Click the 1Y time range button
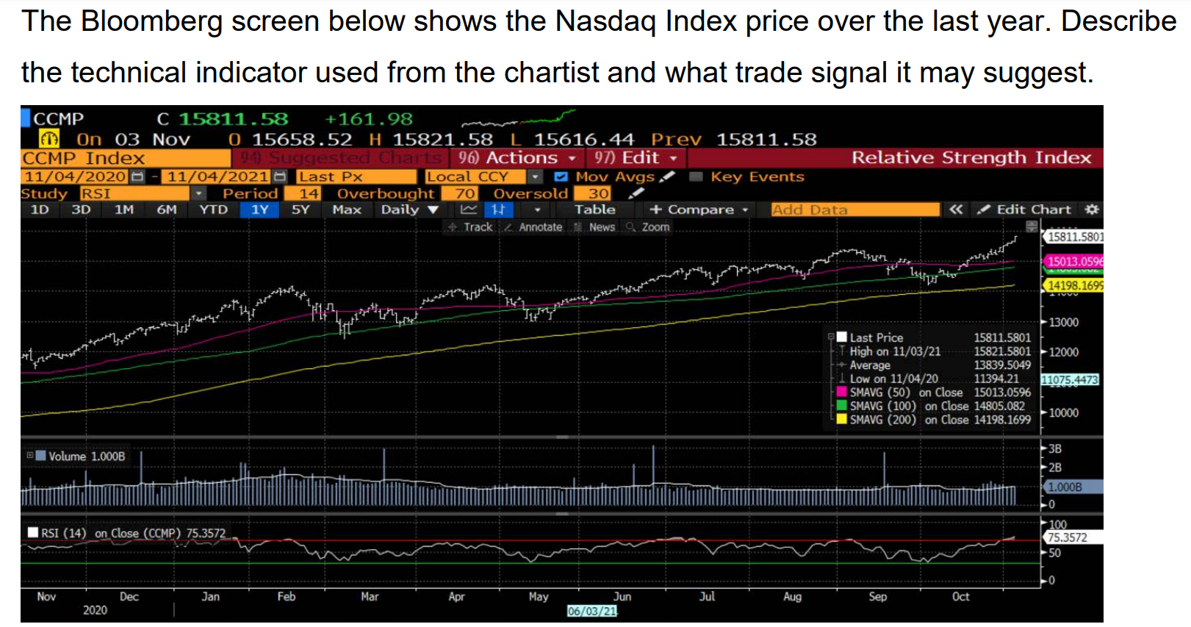pyautogui.click(x=259, y=209)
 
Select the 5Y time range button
pyautogui.click(x=301, y=209)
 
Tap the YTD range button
pyautogui.click(x=214, y=209)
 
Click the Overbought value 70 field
pyautogui.click(x=465, y=193)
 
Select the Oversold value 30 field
pyautogui.click(x=599, y=193)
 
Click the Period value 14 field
pyautogui.click(x=309, y=193)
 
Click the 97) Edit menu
pyautogui.click(x=636, y=158)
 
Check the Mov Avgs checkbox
pyautogui.click(x=561, y=176)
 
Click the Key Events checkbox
pyautogui.click(x=696, y=176)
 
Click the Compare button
pyautogui.click(x=699, y=209)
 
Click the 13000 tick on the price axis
pyautogui.click(x=1063, y=323)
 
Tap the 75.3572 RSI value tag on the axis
pyautogui.click(x=1067, y=537)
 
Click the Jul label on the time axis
pyautogui.click(x=707, y=596)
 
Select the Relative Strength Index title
pyautogui.click(x=971, y=158)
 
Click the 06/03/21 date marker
pyautogui.click(x=592, y=611)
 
